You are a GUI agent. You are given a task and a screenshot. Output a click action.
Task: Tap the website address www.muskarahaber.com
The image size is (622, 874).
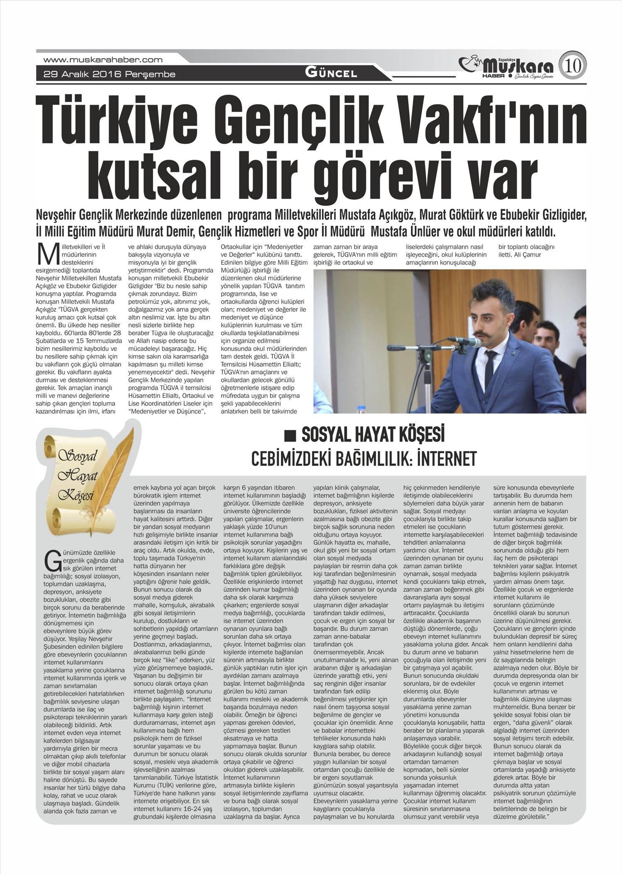103,60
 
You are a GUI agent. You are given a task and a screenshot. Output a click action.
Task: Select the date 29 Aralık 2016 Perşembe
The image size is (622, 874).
109,75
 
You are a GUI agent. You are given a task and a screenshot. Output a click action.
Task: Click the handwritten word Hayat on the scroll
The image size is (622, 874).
77,476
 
